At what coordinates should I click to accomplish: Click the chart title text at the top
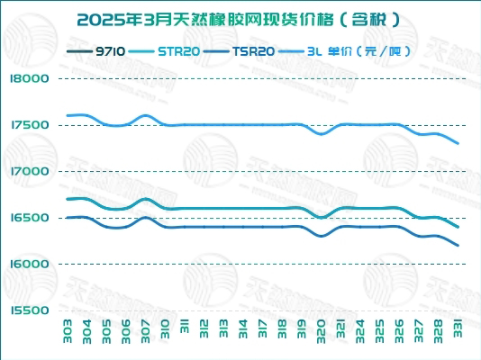240,18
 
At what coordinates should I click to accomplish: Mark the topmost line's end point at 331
458,143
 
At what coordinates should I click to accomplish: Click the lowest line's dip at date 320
322,236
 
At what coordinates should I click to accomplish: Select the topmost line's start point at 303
68,115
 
